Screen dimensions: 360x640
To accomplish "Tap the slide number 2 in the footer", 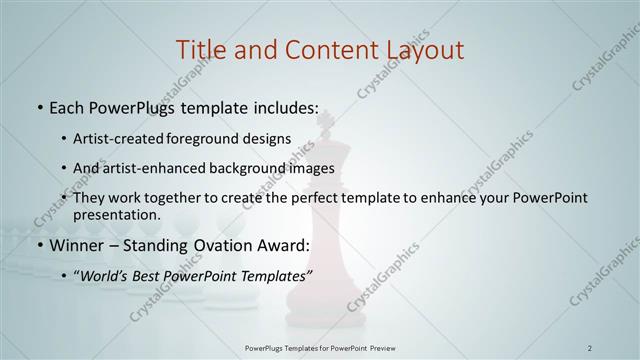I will [590, 347].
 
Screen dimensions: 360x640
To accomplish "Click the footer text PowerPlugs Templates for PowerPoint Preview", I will [319, 347].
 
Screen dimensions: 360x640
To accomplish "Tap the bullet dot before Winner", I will [39, 245].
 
